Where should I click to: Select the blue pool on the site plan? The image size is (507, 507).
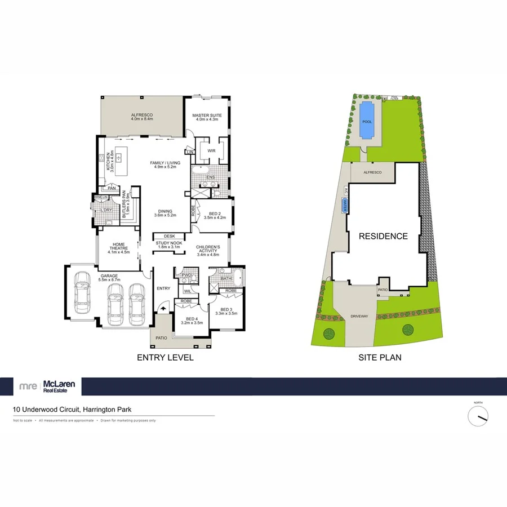click(367, 121)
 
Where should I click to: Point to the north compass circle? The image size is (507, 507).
click(478, 416)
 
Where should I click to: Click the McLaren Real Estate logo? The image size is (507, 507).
click(47, 386)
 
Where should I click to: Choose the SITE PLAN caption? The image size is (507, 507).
click(380, 357)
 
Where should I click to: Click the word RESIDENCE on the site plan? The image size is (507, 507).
click(383, 236)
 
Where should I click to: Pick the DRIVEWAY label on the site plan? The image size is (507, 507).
click(358, 316)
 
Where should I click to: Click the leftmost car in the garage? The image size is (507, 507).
click(83, 287)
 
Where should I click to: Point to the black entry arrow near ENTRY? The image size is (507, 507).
click(163, 308)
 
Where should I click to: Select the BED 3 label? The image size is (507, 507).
click(226, 310)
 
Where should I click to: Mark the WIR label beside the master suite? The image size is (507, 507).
click(212, 151)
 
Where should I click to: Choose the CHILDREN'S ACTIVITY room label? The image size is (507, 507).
click(207, 251)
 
